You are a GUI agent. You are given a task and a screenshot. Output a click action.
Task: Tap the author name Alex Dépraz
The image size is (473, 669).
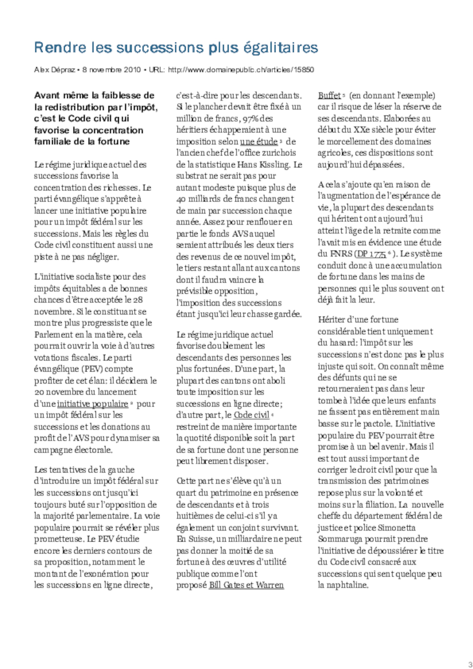coord(54,70)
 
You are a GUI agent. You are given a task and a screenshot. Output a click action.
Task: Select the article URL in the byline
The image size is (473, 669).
coord(241,70)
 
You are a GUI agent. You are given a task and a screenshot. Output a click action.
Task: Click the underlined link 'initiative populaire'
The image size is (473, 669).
coord(92,404)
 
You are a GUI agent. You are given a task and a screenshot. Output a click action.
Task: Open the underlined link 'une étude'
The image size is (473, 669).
coord(258,142)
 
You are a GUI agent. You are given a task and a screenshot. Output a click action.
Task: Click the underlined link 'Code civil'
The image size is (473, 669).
coord(251,415)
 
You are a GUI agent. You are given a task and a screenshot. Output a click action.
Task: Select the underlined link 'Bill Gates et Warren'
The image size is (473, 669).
coord(246,585)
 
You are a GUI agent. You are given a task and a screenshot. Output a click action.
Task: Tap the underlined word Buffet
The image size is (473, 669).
coord(329,96)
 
